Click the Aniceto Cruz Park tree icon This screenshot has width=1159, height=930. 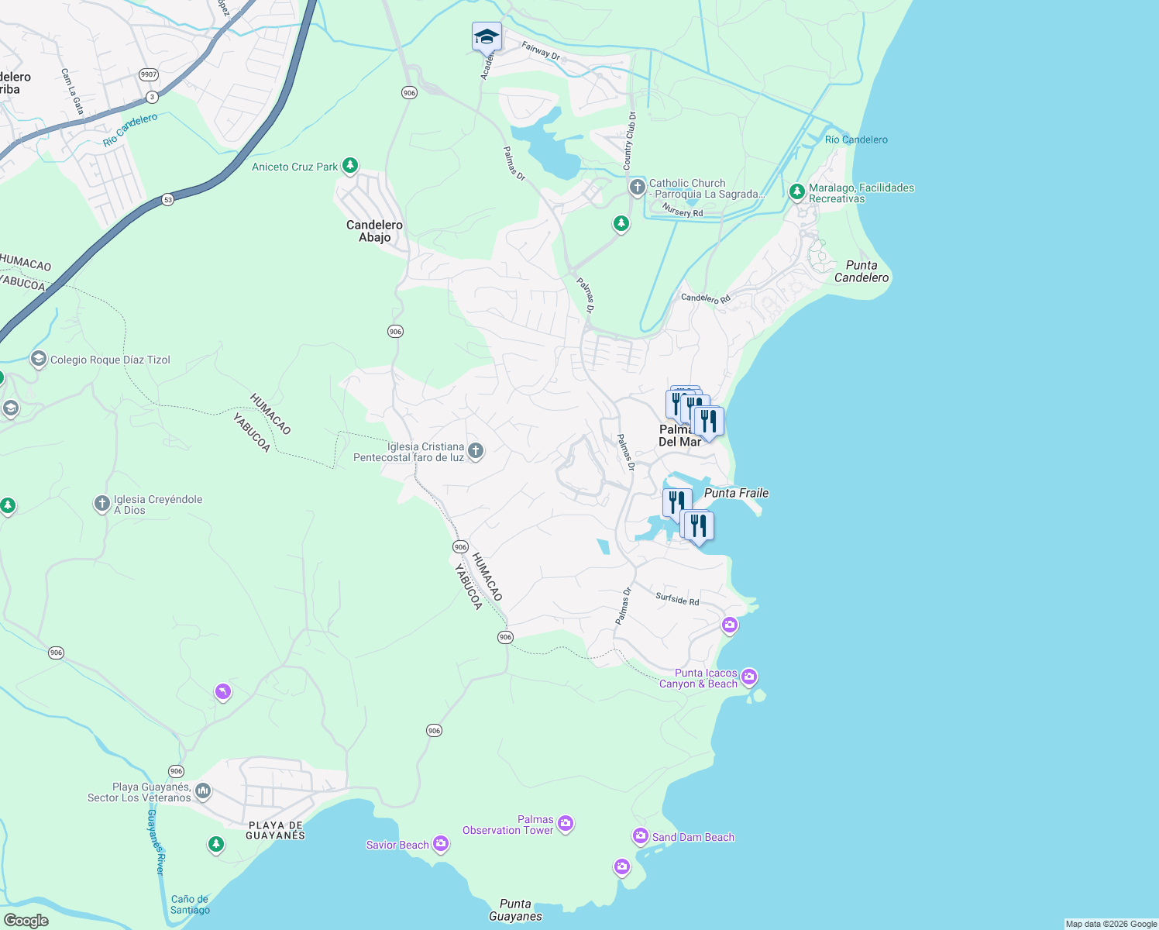tap(350, 166)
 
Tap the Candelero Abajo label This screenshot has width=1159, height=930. tap(374, 231)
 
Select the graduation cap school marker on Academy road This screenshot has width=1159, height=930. tap(487, 36)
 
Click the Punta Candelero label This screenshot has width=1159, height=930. tap(862, 271)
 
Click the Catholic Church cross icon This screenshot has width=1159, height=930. tap(637, 188)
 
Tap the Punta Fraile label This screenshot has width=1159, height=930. tap(736, 493)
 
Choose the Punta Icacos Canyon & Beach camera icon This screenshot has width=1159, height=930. tap(749, 677)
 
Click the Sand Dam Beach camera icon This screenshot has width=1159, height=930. tap(641, 836)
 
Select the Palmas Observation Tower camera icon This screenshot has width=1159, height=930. tap(566, 824)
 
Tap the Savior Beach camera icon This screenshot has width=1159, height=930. tap(441, 844)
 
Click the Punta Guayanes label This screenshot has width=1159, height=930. tap(515, 910)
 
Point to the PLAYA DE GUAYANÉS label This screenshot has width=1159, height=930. tap(275, 830)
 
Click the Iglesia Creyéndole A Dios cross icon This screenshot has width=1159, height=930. tap(101, 505)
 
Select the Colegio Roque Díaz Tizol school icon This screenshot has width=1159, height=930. tap(38, 359)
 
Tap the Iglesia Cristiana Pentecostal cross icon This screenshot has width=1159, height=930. tap(476, 451)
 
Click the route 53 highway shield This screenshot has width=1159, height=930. tap(168, 199)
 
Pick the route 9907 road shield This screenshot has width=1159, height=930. tap(149, 74)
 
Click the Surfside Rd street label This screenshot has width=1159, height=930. tap(677, 599)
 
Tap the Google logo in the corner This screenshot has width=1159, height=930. tap(26, 921)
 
